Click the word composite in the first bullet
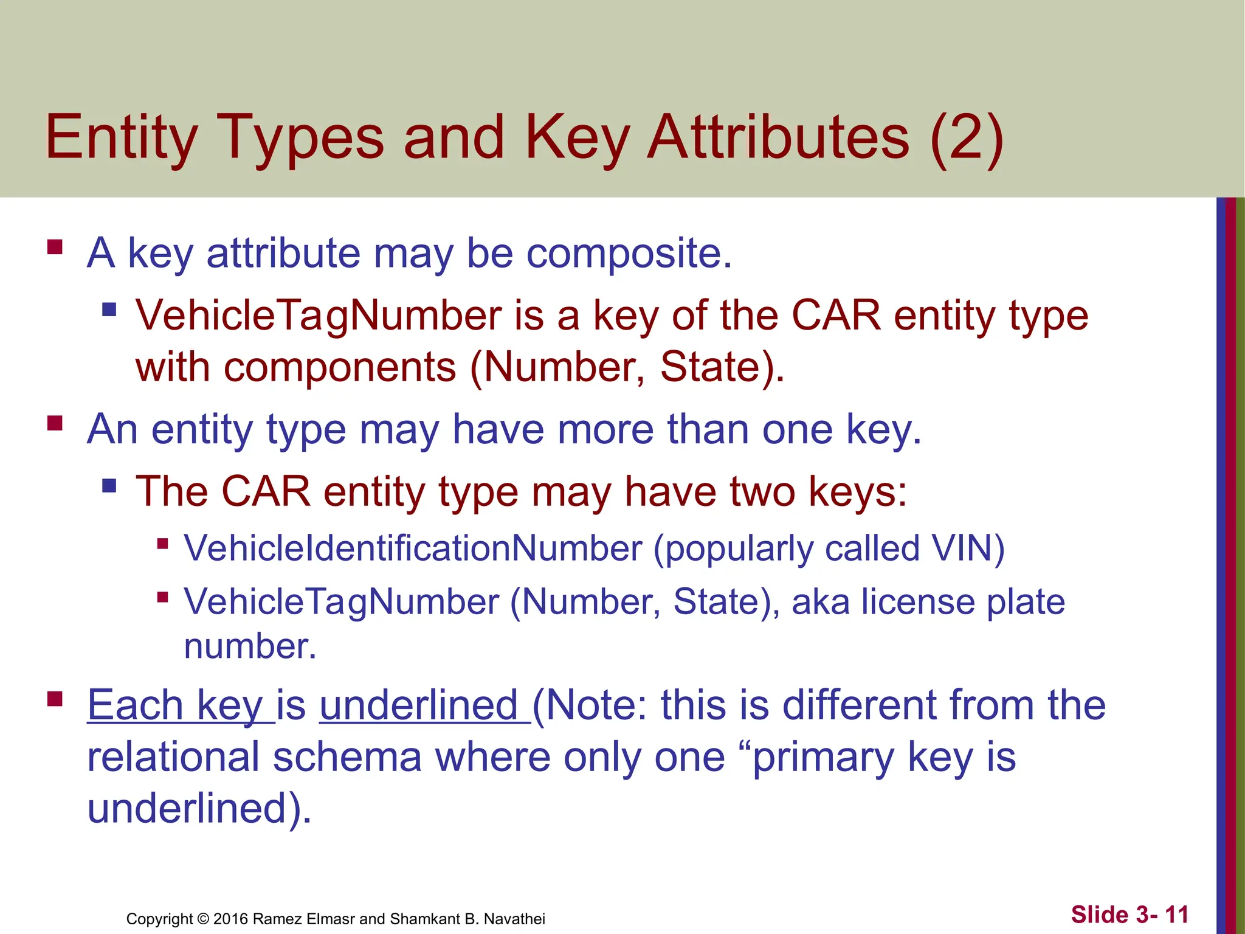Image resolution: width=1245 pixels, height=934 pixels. point(629,253)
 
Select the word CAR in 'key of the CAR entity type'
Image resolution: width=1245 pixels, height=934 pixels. point(836,316)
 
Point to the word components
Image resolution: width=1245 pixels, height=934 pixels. point(340,367)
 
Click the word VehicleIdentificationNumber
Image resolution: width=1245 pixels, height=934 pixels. point(413,548)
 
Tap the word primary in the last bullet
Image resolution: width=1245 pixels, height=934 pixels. point(823,758)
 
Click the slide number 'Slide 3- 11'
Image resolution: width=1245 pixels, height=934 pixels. point(1129,915)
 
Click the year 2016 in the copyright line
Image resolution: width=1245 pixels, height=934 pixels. point(230,919)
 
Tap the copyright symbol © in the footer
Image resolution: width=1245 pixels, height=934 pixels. point(203,919)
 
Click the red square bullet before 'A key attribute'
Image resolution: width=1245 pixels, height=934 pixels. point(55,247)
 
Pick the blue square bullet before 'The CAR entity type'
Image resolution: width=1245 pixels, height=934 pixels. point(109,485)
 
